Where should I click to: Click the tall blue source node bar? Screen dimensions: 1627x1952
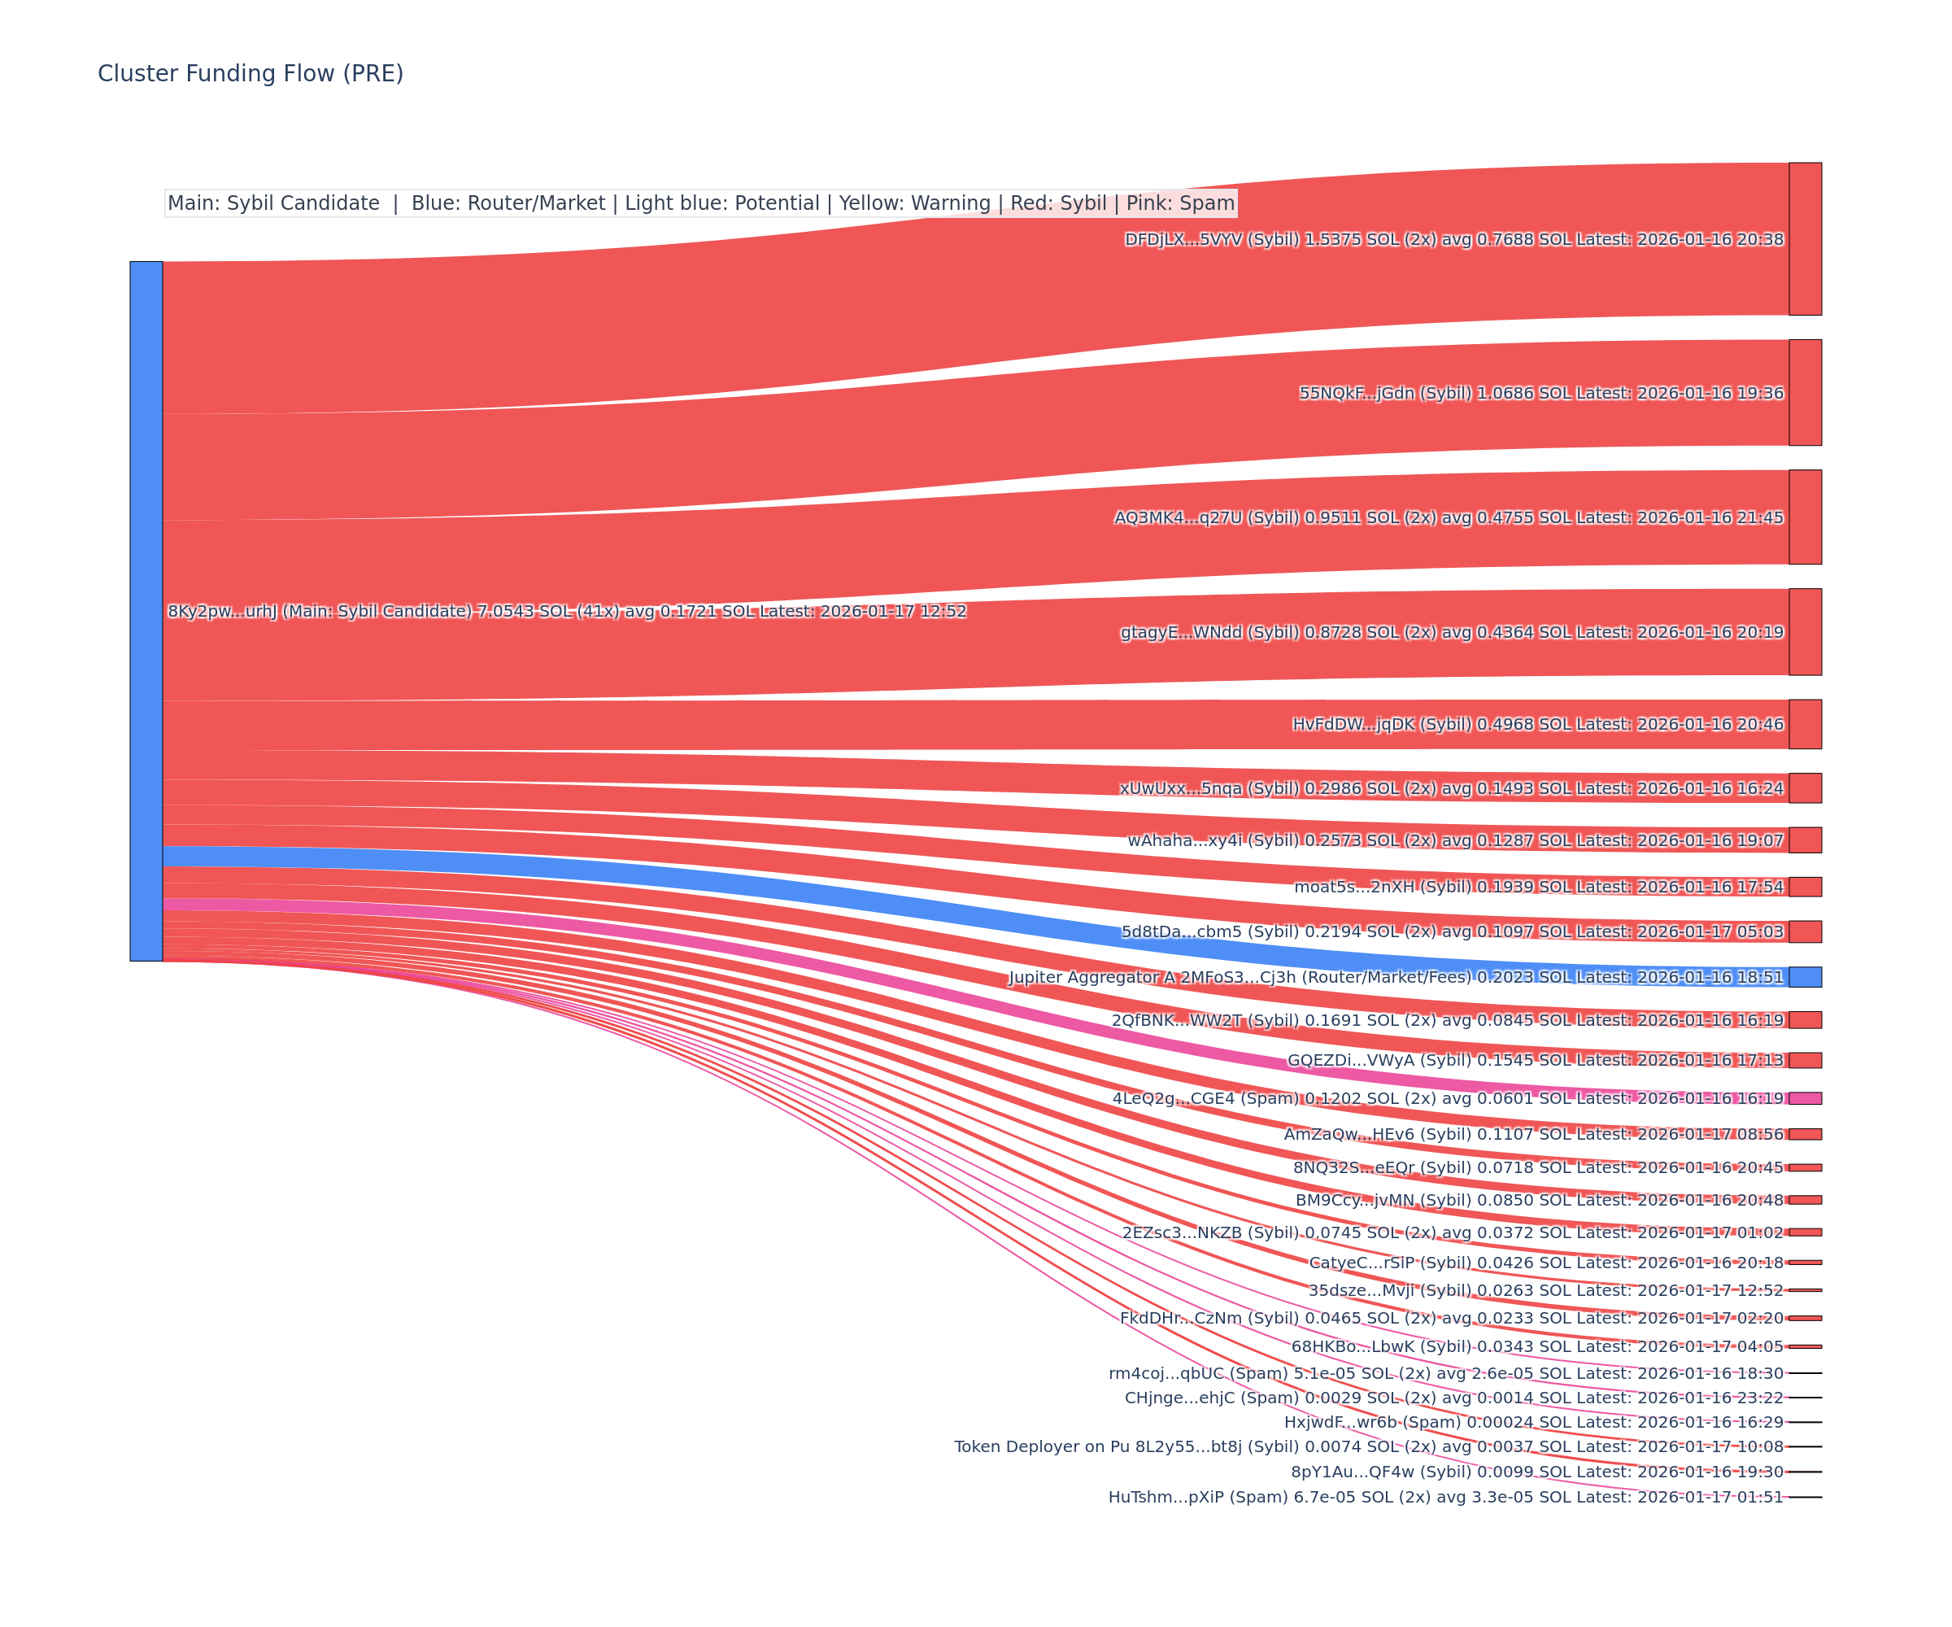[x=146, y=611]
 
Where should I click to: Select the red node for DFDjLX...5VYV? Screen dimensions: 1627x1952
[x=1805, y=239]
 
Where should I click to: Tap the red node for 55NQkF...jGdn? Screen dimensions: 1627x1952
[x=1805, y=392]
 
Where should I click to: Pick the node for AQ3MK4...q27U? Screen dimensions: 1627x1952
[x=1805, y=517]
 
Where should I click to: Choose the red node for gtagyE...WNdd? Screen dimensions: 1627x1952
[x=1805, y=631]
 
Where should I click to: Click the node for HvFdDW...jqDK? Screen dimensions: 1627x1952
[x=1805, y=724]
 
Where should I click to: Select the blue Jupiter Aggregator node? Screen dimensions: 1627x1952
[x=1805, y=976]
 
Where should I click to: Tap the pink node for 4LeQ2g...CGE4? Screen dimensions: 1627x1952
[x=1805, y=1098]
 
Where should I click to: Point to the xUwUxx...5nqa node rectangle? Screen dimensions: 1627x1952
[x=1805, y=787]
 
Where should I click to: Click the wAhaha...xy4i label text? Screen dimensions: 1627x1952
[x=1455, y=840]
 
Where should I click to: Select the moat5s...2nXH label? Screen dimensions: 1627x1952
[x=1538, y=887]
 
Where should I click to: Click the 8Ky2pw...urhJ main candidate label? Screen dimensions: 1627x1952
[x=566, y=611]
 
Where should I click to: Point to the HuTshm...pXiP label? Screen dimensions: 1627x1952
[x=1445, y=1497]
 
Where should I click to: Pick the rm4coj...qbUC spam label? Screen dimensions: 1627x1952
[x=1445, y=1373]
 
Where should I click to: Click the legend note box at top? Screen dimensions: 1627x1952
[x=701, y=203]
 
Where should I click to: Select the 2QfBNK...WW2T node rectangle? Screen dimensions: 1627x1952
[x=1805, y=1020]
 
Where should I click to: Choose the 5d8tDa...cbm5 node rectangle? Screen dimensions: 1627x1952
[x=1805, y=931]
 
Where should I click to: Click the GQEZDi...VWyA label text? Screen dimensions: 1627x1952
[x=1535, y=1060]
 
